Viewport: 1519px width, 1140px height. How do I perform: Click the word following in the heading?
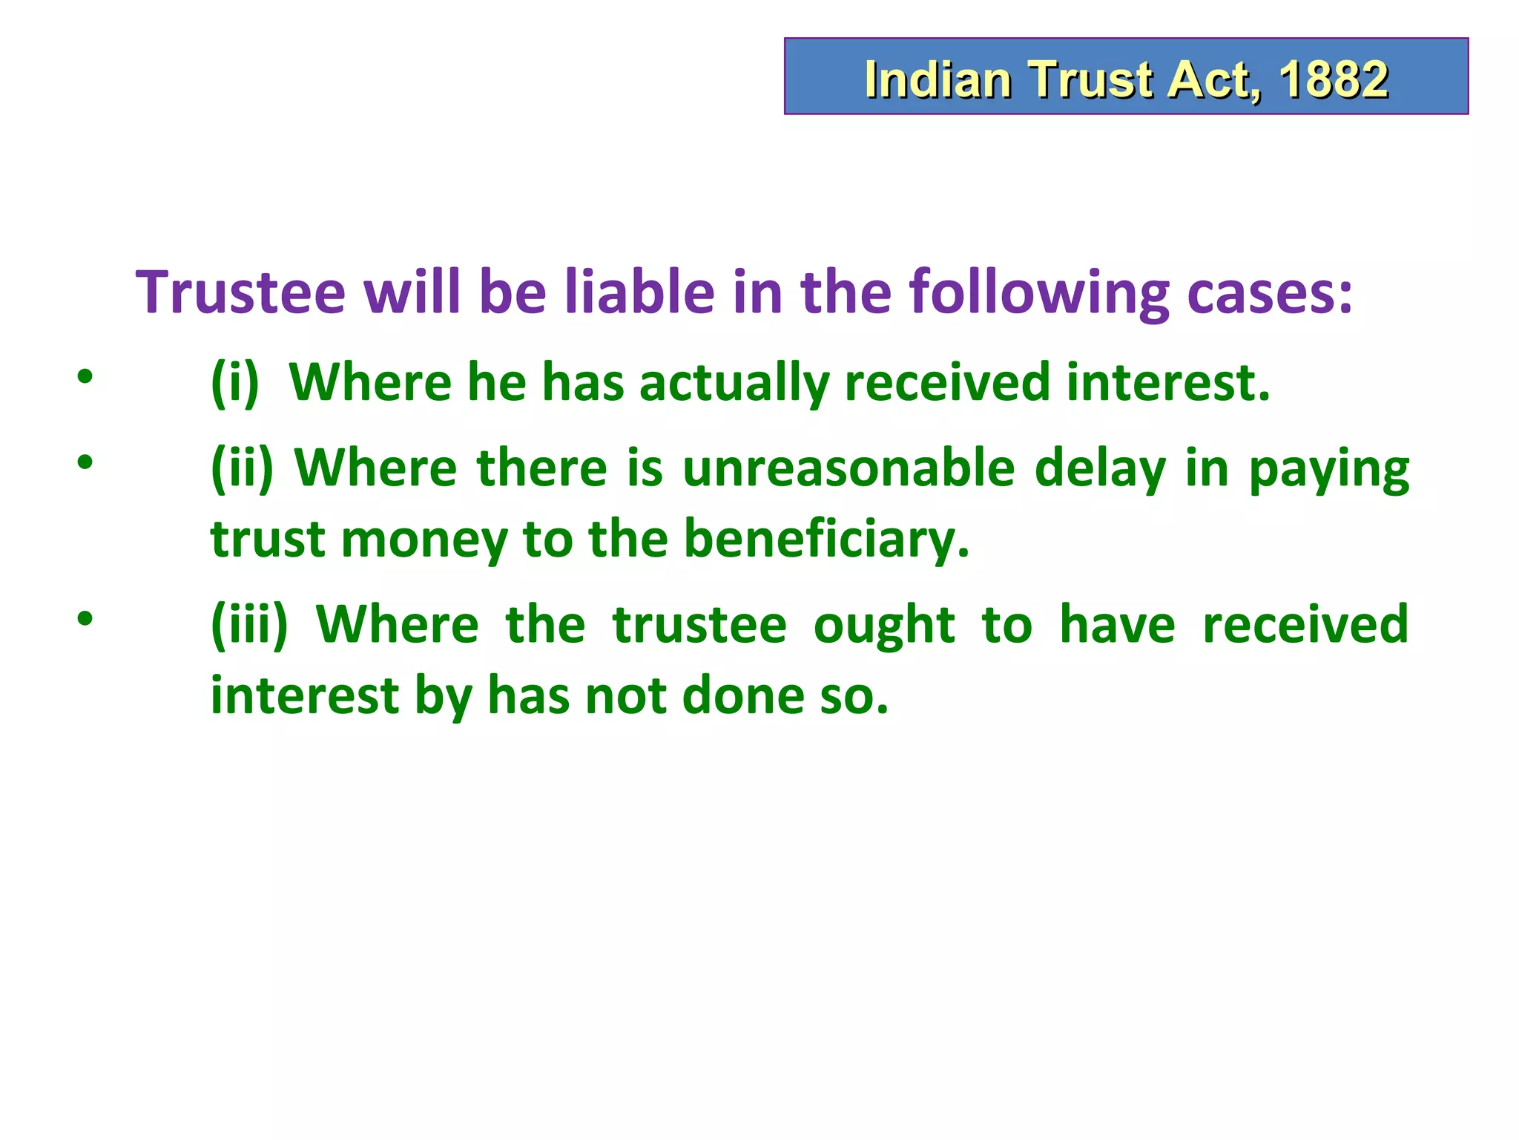pos(1039,293)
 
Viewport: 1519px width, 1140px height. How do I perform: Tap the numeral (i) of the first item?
pos(235,383)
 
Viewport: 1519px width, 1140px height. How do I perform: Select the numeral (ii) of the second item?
pos(242,469)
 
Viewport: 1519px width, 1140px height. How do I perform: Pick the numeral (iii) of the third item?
pos(249,625)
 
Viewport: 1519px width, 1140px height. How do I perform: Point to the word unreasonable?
pos(848,469)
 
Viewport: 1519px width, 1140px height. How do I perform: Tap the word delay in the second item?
pos(1100,469)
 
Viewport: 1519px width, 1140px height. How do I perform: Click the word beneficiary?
pos(826,539)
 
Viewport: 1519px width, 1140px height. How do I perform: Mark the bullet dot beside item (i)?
pos(85,377)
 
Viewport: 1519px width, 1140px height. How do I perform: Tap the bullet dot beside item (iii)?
pos(85,618)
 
